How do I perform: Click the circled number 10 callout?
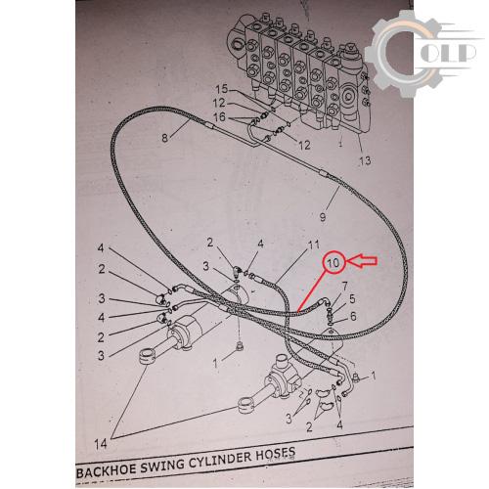coord(333,262)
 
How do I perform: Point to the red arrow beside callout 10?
coord(362,261)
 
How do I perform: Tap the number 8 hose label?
coord(165,138)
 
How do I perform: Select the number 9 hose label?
coord(323,217)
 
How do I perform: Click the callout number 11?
coord(314,244)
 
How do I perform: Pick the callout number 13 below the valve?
coord(365,160)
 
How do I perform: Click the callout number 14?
coord(101,444)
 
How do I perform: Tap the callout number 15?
coord(222,89)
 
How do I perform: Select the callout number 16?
coord(219,116)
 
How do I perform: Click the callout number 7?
coord(344,287)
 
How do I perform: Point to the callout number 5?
coord(352,299)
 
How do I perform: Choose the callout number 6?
coord(353,316)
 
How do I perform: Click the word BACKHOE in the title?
coord(108,470)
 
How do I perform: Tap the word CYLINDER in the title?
coord(221,459)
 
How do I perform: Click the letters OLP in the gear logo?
coord(447,54)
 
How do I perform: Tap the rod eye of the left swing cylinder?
coord(148,355)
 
